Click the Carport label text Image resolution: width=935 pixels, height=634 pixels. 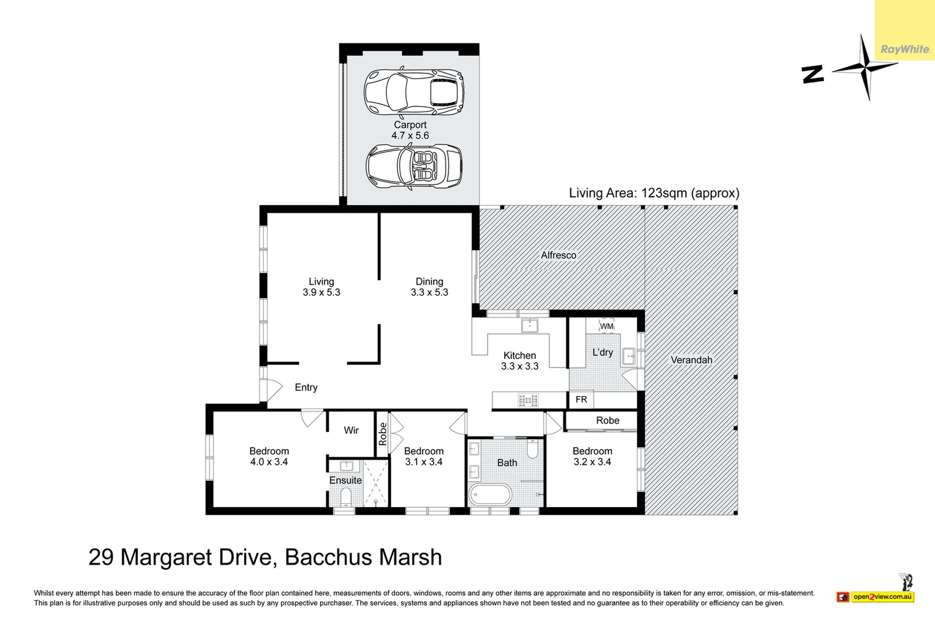410,125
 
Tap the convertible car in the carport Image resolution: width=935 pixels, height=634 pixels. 414,166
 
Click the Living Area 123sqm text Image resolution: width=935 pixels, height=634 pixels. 654,193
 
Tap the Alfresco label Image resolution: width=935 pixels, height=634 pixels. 559,255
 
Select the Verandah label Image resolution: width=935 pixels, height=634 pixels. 691,360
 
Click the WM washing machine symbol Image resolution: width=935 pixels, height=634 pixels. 606,326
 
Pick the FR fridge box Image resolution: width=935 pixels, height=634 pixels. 581,399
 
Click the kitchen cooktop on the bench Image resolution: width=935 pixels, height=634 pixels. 528,401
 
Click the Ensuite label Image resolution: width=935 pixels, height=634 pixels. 345,480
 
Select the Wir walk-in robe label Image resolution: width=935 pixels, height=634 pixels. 351,430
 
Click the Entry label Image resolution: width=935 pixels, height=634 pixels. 306,387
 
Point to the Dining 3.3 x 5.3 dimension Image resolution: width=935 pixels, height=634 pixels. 429,292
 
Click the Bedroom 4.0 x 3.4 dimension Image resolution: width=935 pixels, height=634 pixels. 269,461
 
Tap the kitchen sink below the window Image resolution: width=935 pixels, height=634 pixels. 529,326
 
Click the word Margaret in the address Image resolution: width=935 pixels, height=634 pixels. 166,557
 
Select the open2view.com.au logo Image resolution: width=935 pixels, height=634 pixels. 875,596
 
